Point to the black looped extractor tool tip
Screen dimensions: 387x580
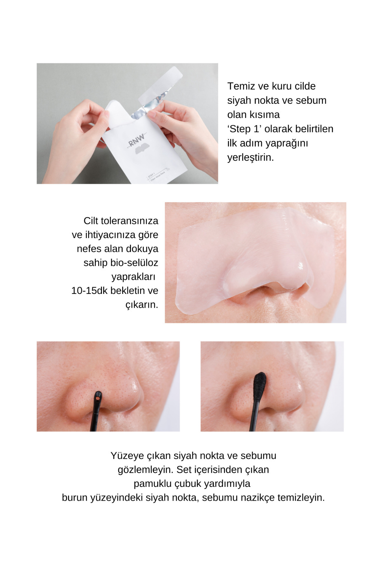(x=98, y=397)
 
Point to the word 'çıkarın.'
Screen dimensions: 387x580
(x=142, y=304)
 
